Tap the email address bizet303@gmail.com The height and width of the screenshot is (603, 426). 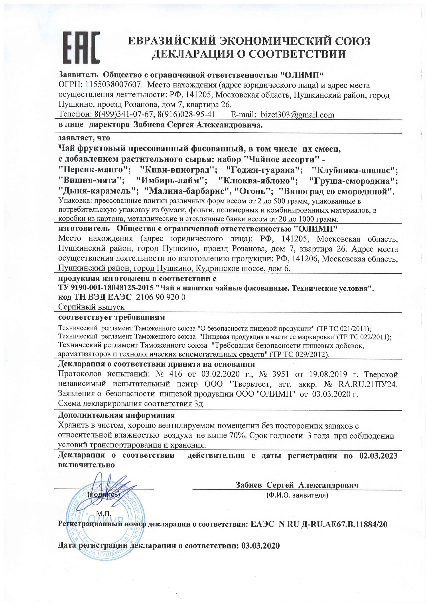point(298,115)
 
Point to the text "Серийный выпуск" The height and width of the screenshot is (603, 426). point(91,307)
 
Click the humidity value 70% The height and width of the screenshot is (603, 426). point(237,436)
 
